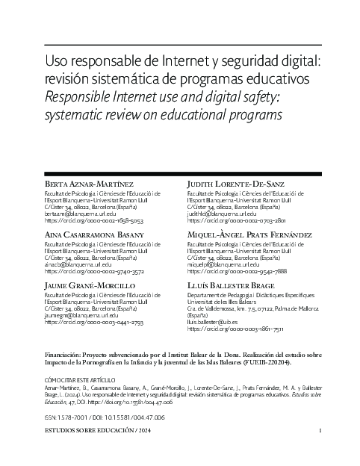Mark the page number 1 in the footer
pyautogui.click(x=320, y=431)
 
